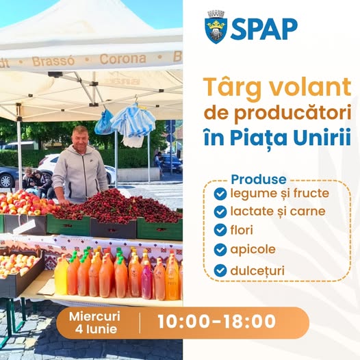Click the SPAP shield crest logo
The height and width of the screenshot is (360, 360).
[216, 27]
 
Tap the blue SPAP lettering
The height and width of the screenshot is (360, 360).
[263, 29]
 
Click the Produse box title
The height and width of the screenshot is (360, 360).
[259, 179]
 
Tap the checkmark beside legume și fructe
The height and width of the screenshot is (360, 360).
[220, 194]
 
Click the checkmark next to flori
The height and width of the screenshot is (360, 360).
[220, 230]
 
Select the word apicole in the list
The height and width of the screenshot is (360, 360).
[253, 250]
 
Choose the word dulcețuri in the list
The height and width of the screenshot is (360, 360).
[257, 270]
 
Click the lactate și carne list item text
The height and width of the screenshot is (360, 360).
[278, 211]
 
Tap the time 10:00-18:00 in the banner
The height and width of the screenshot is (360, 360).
[216, 321]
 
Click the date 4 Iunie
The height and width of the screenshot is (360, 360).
[96, 329]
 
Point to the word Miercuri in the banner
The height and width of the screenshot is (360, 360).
[94, 316]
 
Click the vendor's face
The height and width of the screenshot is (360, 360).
[79, 138]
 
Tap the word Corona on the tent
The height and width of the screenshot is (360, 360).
[123, 59]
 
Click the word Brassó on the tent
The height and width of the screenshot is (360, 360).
[53, 62]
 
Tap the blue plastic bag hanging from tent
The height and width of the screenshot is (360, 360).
[104, 123]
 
